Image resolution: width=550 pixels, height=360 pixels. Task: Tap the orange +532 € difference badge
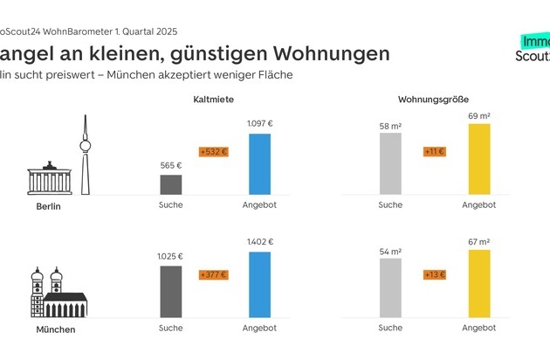click(x=213, y=151)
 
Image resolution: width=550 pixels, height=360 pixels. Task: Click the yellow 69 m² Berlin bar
click(x=479, y=158)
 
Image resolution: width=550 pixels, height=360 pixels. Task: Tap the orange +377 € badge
click(x=213, y=274)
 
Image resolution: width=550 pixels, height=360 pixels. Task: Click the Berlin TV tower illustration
click(x=85, y=153)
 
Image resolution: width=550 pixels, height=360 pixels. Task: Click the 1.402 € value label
click(x=259, y=243)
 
